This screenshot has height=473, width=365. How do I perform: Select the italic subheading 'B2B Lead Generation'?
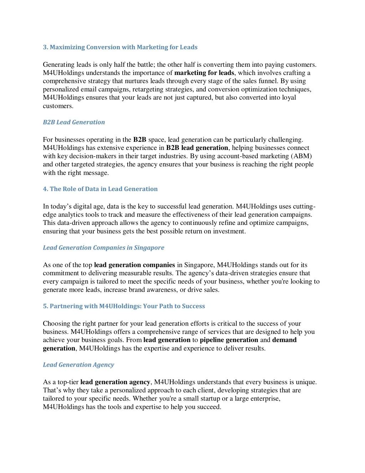coord(74,122)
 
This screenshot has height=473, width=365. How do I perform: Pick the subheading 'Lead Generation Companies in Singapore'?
coord(103,248)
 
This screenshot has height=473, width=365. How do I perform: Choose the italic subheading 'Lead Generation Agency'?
coord(78,365)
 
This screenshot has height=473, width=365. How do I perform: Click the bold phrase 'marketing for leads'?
coord(204,73)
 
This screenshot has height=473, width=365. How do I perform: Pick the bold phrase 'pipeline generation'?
coord(229,340)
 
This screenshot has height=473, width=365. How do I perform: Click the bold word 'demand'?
coord(284,340)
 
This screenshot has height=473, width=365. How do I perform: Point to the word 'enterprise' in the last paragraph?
coord(263,398)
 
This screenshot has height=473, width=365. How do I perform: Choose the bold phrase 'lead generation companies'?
coord(134,265)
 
